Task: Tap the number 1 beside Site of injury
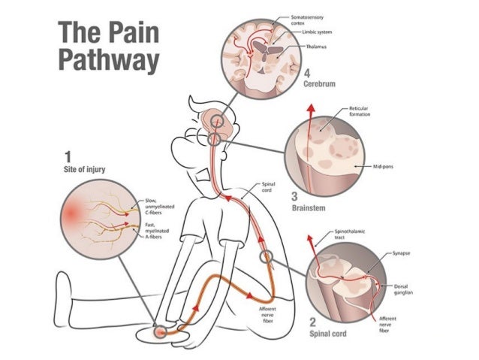68,157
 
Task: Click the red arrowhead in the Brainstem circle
309,110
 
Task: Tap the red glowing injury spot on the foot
160,331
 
